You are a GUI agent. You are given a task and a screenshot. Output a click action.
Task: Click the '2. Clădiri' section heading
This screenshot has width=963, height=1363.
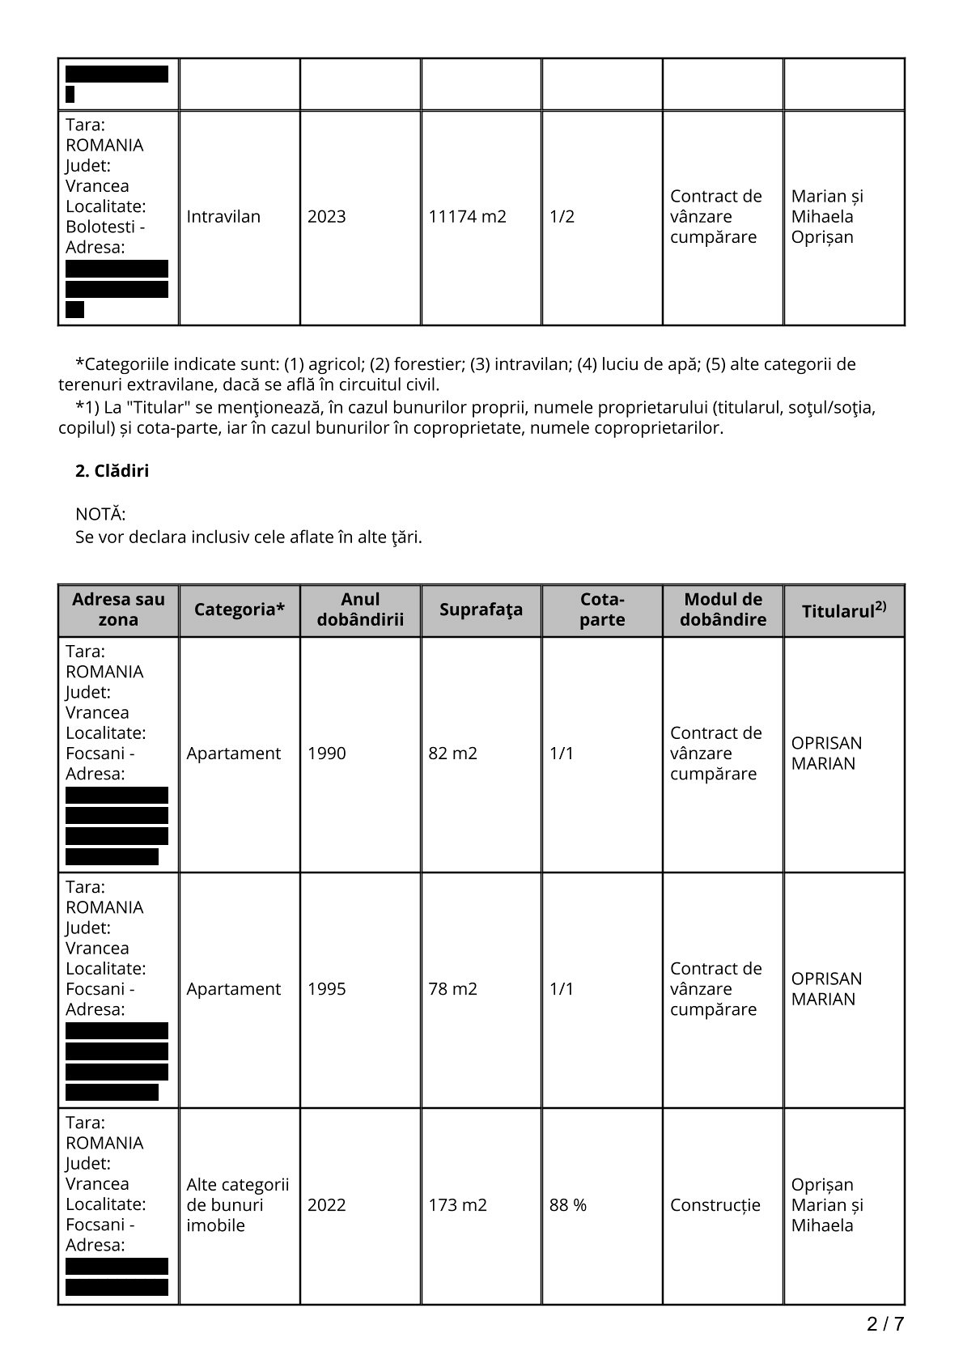(112, 471)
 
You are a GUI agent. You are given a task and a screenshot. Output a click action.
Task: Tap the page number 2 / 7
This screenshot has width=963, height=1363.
(885, 1325)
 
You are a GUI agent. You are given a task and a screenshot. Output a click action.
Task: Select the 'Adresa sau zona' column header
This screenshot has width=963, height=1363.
(118, 609)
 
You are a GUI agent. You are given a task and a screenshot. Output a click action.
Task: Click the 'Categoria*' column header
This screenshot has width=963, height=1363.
(240, 609)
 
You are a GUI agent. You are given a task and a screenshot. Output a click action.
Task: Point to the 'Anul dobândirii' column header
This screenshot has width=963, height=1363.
(360, 609)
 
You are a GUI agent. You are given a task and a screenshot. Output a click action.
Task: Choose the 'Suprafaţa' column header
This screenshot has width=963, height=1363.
(481, 609)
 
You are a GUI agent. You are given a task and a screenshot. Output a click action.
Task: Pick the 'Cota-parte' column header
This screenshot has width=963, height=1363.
(602, 609)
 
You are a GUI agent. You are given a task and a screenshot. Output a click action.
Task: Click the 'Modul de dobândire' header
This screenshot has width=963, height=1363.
(723, 609)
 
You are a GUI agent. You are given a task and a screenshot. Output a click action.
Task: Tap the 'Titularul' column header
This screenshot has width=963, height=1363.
(843, 610)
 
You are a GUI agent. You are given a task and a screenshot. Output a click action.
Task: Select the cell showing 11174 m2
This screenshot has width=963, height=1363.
(467, 217)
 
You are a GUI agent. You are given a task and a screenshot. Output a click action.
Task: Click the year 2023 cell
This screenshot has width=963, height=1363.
(326, 217)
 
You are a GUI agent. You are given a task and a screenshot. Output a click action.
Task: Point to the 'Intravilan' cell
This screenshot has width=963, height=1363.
(223, 217)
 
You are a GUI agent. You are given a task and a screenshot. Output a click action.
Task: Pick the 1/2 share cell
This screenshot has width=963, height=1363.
(562, 217)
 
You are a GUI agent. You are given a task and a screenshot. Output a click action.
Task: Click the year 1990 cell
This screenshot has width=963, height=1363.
(326, 754)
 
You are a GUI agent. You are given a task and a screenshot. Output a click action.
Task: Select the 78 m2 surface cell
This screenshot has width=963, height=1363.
(452, 989)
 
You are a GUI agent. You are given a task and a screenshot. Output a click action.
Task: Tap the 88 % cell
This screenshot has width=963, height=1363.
(568, 1205)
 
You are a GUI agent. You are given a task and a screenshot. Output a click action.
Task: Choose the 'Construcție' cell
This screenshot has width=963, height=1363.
(715, 1205)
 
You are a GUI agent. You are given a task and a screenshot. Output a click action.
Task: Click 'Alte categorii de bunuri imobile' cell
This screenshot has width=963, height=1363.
(237, 1205)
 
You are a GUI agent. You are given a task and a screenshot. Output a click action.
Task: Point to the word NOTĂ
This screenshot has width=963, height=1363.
(100, 515)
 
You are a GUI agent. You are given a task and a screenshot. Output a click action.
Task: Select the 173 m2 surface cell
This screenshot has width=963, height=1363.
(457, 1205)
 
